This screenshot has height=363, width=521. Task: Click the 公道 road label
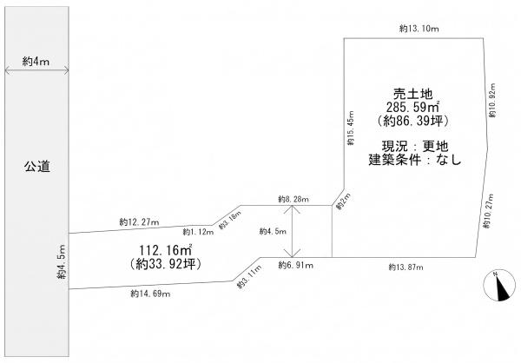click(x=36, y=166)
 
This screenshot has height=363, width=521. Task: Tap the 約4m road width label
click(x=36, y=62)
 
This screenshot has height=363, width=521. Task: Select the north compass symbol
click(x=499, y=285)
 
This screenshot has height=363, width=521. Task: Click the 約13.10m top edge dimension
click(x=419, y=29)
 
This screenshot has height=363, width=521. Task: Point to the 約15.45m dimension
click(x=351, y=128)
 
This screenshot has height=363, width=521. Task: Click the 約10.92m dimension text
click(x=492, y=100)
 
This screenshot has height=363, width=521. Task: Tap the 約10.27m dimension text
click(x=487, y=210)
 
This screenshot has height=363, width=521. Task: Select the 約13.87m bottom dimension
click(x=406, y=267)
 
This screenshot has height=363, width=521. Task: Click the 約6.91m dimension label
click(x=296, y=265)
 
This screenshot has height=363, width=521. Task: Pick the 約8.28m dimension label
click(x=293, y=199)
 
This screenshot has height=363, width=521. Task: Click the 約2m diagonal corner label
click(x=343, y=201)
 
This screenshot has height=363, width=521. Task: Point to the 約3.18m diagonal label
click(x=230, y=220)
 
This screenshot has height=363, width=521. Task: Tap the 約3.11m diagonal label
click(x=249, y=276)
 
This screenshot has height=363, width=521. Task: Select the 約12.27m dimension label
click(x=139, y=222)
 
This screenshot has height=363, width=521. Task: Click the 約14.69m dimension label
click(x=150, y=294)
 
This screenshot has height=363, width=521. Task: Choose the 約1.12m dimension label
click(x=198, y=232)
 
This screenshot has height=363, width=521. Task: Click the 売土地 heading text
click(x=412, y=95)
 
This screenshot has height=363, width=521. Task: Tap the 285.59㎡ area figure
click(x=413, y=107)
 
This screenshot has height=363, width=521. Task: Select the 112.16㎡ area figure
click(x=166, y=250)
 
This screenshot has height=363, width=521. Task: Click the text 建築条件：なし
click(x=415, y=160)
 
